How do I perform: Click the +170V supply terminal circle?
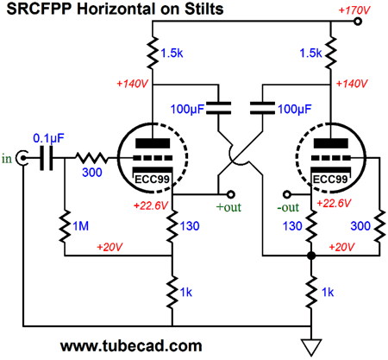click(x=358, y=22)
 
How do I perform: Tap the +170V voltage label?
click(x=354, y=10)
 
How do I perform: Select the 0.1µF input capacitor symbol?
click(x=47, y=158)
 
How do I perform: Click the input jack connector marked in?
click(x=22, y=158)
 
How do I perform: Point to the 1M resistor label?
click(x=81, y=226)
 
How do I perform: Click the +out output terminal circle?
click(x=231, y=194)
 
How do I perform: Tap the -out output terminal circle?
click(x=287, y=194)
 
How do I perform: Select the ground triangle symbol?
click(x=311, y=347)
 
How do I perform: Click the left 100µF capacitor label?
click(x=187, y=109)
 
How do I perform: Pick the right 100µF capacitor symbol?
click(x=262, y=109)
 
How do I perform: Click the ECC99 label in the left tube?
click(x=152, y=180)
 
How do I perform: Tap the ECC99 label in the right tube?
click(x=330, y=180)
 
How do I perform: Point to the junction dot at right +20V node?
click(x=311, y=256)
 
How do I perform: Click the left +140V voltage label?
click(x=132, y=84)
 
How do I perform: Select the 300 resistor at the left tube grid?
click(x=91, y=158)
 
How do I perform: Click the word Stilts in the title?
click(x=203, y=9)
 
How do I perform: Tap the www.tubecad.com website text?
click(x=131, y=345)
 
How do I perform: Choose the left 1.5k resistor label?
click(x=172, y=53)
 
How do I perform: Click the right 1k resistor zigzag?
click(x=311, y=293)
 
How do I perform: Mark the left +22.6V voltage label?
click(x=151, y=205)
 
